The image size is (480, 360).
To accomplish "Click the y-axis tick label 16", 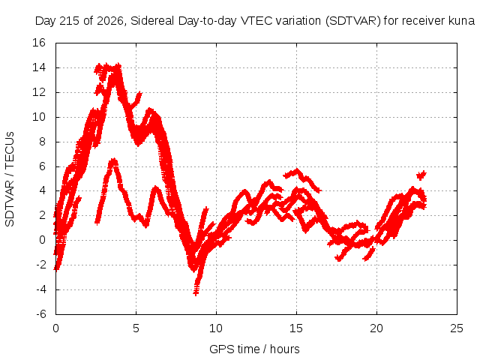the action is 39,43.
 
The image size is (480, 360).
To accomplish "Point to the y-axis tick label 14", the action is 39,67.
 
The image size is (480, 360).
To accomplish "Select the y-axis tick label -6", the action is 40,314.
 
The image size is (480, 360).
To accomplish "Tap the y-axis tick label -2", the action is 40,265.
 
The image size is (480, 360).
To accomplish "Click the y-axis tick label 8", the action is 42,142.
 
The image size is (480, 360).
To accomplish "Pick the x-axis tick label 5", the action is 136,328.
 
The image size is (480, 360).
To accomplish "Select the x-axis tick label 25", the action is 457,328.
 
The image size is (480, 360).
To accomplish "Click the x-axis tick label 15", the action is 296,328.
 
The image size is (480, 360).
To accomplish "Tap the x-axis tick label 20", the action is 376,328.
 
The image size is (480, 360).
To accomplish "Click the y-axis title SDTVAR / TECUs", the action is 10,179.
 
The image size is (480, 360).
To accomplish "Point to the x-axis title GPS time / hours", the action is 254,349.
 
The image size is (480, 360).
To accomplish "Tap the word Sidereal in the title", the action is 152,21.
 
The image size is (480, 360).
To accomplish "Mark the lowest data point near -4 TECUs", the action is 196,292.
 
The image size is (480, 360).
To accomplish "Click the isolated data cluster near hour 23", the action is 421,175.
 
